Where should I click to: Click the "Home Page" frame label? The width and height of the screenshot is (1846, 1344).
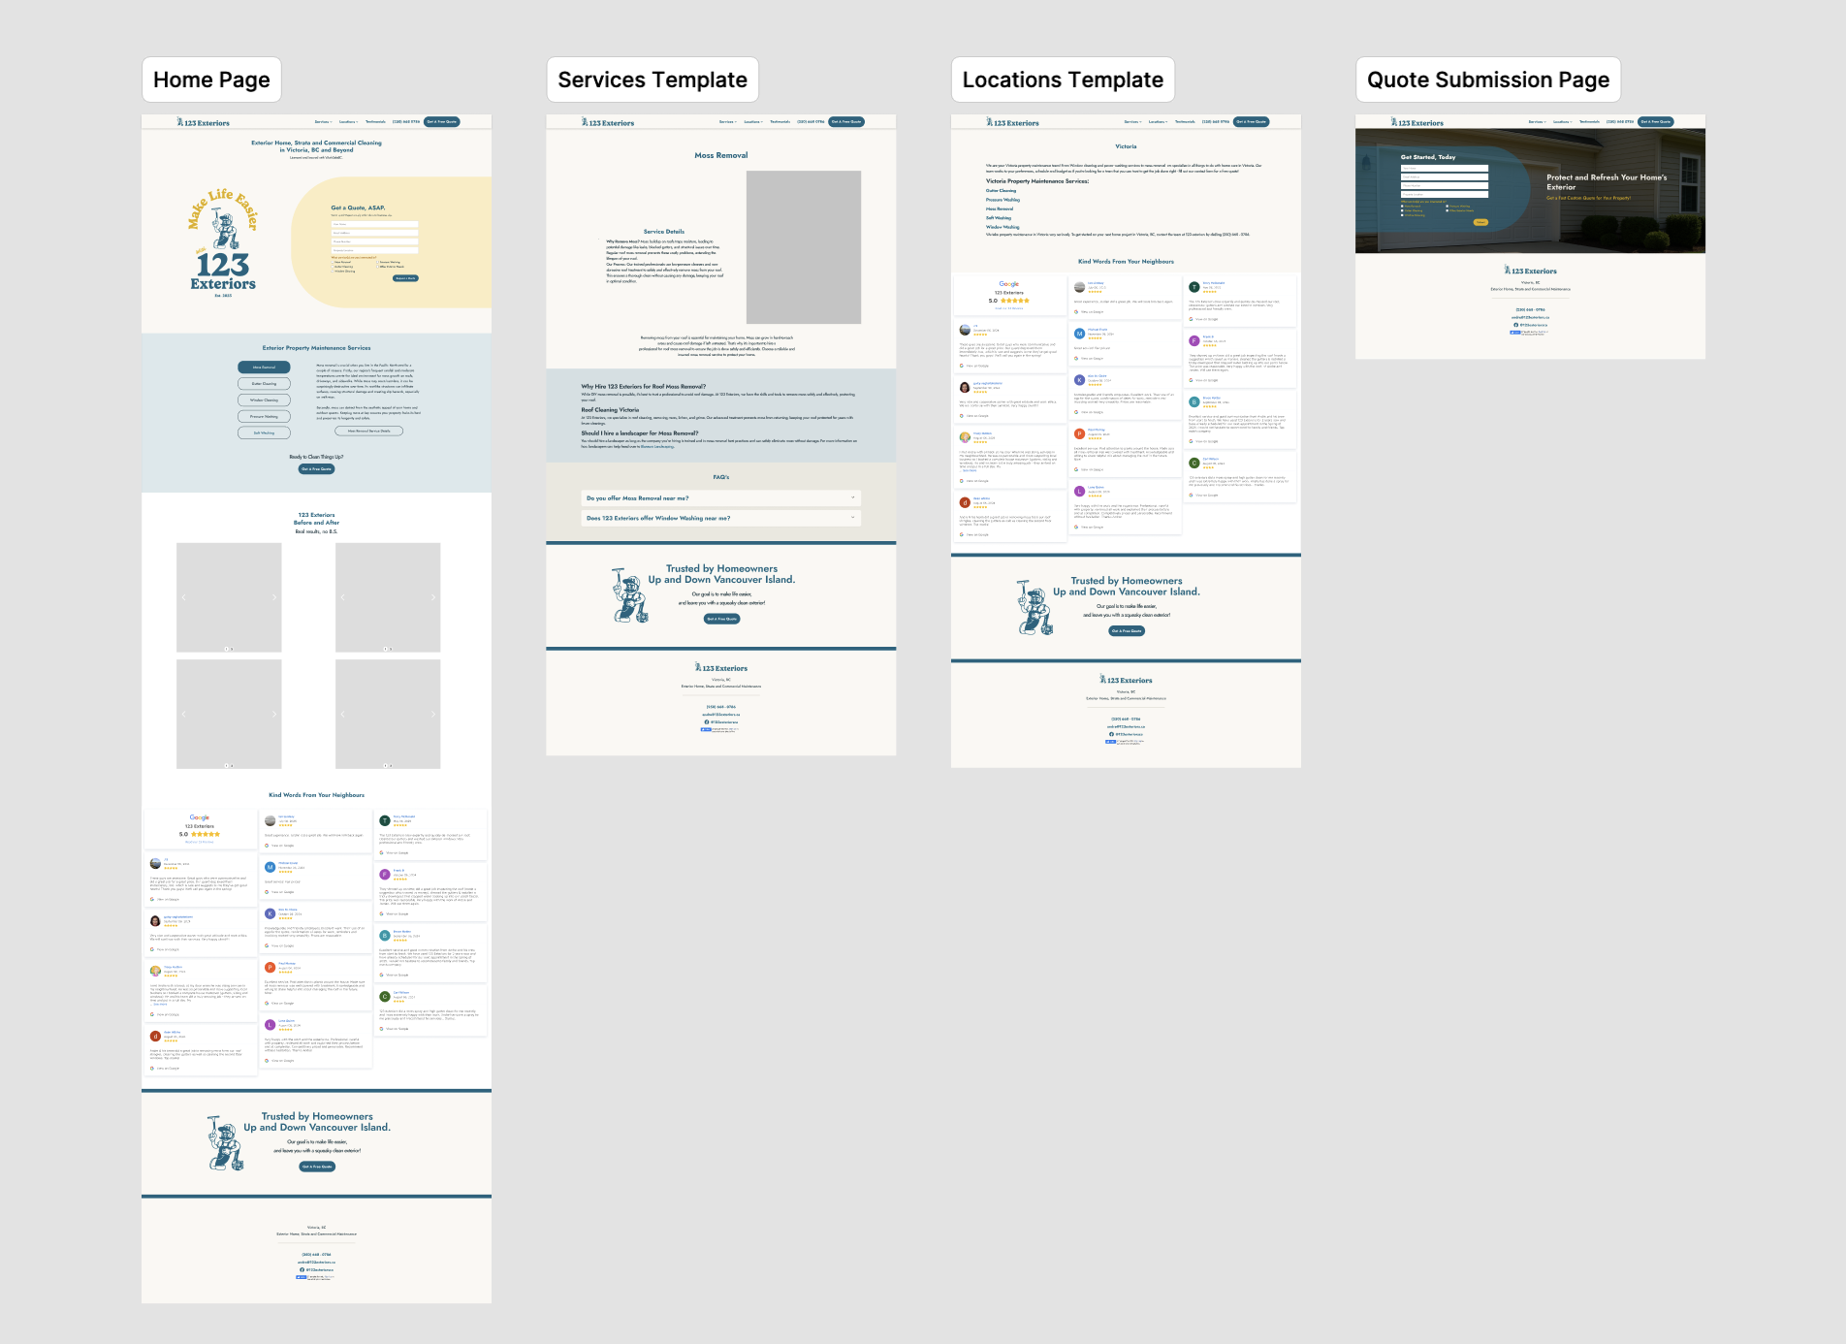tap(211, 80)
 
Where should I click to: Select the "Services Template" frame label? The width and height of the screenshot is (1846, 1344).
tap(652, 80)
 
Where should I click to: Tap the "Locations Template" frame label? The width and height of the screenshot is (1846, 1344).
tap(1062, 80)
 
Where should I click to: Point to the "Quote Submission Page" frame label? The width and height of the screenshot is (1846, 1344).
tap(1487, 80)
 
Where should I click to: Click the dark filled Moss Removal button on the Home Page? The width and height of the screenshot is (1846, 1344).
tap(264, 368)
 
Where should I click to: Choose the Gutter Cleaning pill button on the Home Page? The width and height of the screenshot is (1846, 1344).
tap(264, 384)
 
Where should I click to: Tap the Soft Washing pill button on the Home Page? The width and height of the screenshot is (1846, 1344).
tap(264, 432)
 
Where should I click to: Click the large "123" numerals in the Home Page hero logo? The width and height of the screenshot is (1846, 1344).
tap(223, 264)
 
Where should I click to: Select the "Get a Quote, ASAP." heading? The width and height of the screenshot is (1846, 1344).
tap(358, 208)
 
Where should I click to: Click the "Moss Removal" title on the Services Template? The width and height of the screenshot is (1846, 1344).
tap(720, 155)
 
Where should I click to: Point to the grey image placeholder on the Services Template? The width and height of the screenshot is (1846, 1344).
tap(803, 246)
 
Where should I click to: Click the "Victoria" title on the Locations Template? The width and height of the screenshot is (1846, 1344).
tap(1126, 146)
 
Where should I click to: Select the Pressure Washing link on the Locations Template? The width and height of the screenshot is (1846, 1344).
tap(1003, 200)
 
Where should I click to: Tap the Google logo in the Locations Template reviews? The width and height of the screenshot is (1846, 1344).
tap(1009, 284)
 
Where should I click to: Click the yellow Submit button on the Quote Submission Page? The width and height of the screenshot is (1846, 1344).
tap(1480, 222)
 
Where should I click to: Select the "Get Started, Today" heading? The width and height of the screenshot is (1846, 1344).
tap(1427, 157)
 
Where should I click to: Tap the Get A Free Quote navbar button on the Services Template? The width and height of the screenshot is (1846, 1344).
tap(846, 122)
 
